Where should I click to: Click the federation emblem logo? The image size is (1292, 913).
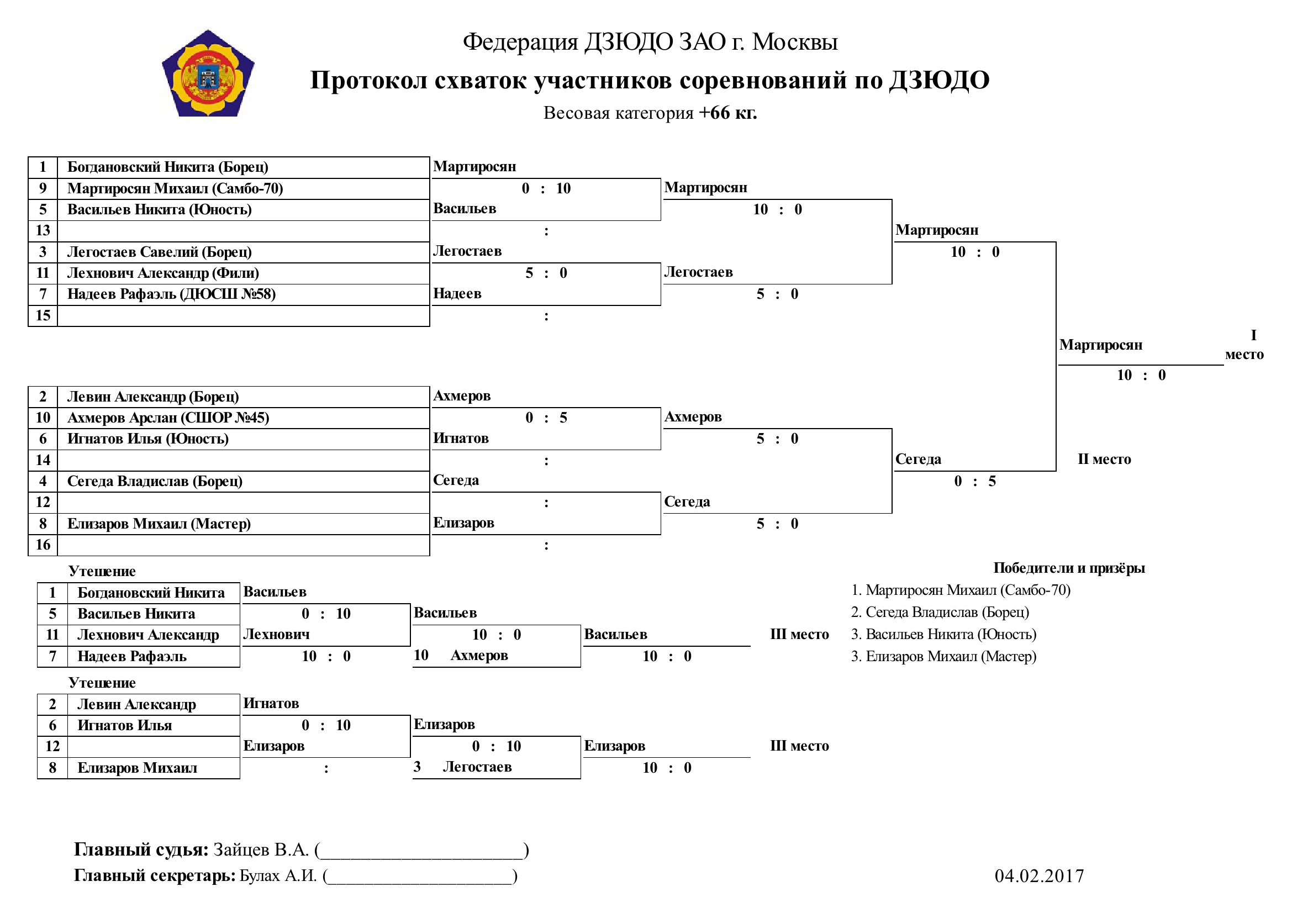(x=208, y=73)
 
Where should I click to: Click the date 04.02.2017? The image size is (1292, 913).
(x=1039, y=876)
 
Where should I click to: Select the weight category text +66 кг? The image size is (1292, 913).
(x=727, y=113)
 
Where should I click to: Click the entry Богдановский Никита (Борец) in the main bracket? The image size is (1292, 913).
(x=168, y=167)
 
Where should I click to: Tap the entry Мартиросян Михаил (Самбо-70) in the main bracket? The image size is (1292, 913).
(x=175, y=188)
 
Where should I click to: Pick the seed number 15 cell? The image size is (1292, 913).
(x=43, y=315)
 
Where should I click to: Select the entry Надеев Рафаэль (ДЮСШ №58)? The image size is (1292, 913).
(x=171, y=294)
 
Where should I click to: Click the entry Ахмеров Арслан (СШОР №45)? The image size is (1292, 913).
(x=168, y=418)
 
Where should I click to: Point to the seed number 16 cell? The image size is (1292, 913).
(x=43, y=545)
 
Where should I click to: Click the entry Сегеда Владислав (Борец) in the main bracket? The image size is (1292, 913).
(x=155, y=482)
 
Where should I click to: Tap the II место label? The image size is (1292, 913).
(x=1104, y=459)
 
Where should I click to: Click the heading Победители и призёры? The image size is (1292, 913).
(x=1069, y=568)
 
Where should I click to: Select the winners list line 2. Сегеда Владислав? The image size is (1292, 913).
(x=940, y=612)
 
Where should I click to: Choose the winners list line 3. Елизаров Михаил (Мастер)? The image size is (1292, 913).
(x=943, y=657)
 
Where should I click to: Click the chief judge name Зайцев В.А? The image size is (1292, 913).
(x=261, y=850)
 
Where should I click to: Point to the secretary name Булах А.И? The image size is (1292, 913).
(x=278, y=876)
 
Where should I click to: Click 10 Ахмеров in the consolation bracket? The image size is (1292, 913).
(x=460, y=656)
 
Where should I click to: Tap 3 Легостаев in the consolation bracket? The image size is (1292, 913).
(x=462, y=767)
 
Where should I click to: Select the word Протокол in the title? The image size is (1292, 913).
(x=368, y=81)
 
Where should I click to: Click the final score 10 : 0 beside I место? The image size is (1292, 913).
(x=1141, y=375)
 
